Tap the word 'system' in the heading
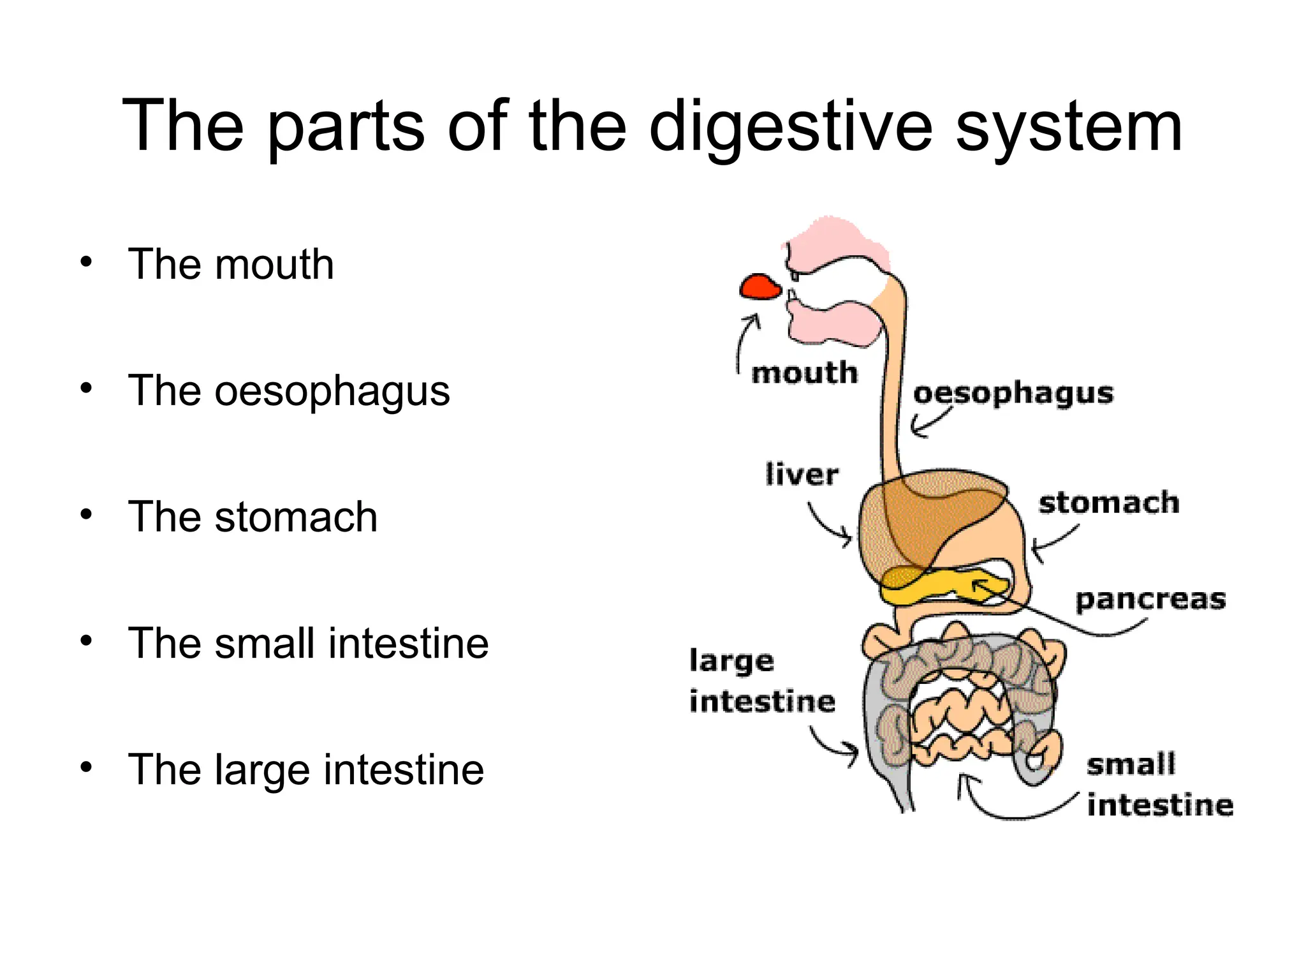pos(1069,128)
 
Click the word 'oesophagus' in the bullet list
pos(332,390)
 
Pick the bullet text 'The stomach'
pos(253,516)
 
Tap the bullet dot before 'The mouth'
pos(86,262)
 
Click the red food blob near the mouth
pos(759,287)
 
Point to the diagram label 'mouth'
pos(804,373)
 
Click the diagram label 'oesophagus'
pos(1013,393)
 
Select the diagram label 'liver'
pos(802,474)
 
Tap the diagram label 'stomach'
pos(1108,503)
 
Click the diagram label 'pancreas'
pos(1150,600)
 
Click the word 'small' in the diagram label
pos(1130,764)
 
